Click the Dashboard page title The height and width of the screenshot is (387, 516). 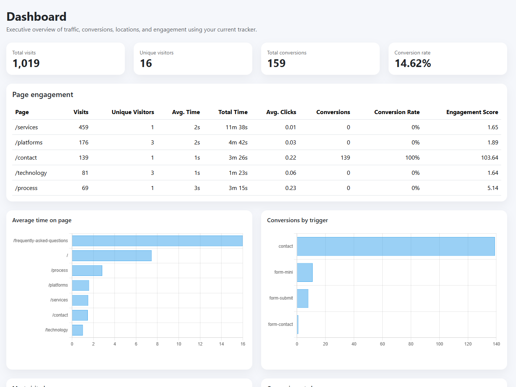[x=36, y=17]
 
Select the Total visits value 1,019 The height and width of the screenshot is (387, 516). [x=26, y=63]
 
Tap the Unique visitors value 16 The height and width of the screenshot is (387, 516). [x=146, y=63]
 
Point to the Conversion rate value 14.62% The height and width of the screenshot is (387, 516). [x=413, y=63]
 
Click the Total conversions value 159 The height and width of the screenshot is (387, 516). [x=276, y=63]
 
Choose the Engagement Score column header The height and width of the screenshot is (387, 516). [x=472, y=112]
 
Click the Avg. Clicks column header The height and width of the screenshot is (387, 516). [x=281, y=112]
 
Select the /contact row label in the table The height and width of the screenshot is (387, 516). [x=26, y=158]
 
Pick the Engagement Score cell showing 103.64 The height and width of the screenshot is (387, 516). [x=489, y=158]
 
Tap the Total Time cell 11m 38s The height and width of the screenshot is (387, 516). [x=236, y=127]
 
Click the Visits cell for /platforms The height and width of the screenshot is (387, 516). [x=83, y=143]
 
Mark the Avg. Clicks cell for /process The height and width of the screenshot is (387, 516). [x=290, y=188]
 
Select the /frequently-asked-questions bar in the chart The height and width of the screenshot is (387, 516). [x=157, y=241]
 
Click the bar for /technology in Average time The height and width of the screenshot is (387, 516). [x=77, y=330]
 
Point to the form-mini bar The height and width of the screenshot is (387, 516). [x=304, y=273]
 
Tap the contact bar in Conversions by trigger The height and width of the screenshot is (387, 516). [x=396, y=246]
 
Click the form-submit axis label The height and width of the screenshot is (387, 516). [x=281, y=298]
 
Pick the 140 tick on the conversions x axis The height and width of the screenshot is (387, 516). [x=496, y=344]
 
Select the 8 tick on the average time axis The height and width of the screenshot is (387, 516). [x=157, y=344]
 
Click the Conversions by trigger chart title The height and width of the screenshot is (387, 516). [x=297, y=220]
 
